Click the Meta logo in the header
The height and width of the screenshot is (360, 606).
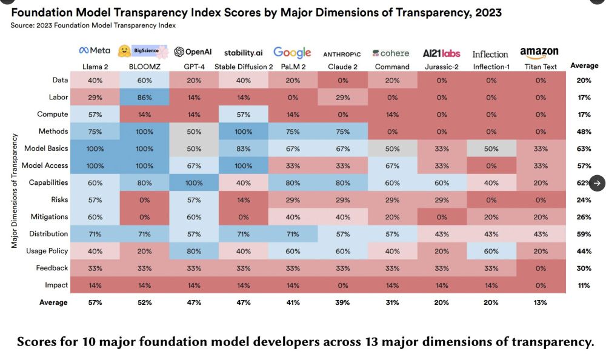(95, 51)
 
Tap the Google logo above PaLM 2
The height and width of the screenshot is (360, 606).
(292, 52)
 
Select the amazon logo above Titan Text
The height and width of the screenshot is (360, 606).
(539, 52)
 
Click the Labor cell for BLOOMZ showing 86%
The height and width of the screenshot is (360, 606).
(144, 97)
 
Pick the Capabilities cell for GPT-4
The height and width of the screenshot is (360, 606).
(193, 182)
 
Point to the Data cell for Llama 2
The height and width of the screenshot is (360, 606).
(95, 80)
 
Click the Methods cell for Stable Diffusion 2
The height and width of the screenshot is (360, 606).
(243, 131)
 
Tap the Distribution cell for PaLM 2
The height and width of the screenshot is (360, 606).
(292, 233)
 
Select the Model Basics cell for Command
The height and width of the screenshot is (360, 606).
(391, 148)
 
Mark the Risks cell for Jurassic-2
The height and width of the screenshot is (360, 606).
(441, 199)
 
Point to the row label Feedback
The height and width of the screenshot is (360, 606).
(52, 268)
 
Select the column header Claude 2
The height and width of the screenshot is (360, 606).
(342, 67)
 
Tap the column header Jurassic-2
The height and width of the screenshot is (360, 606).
(441, 67)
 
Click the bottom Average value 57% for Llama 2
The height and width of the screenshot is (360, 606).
(95, 302)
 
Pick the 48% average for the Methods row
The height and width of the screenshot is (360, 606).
(584, 132)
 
